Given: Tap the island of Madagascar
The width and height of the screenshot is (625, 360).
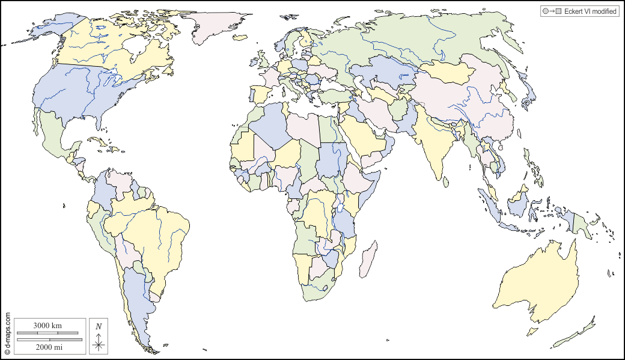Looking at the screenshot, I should pos(368,258).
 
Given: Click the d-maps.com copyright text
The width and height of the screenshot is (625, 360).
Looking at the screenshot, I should pos(8,334).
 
